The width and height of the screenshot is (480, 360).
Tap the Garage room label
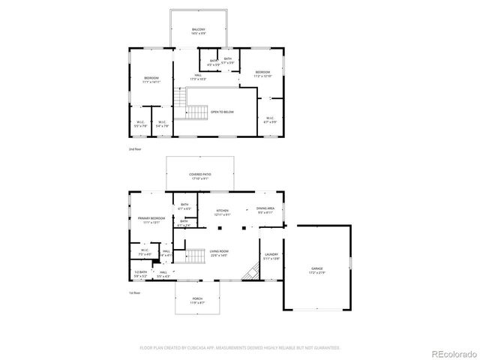[x=317, y=269]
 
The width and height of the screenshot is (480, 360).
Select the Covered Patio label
[x=198, y=176]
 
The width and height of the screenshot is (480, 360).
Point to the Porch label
[x=198, y=301]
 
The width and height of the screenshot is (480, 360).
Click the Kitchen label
[x=223, y=212]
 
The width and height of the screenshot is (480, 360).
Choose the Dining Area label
[x=265, y=210]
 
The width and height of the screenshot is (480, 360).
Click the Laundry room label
[x=271, y=256]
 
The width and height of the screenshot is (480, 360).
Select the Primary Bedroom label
[x=151, y=220]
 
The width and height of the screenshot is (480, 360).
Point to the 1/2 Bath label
[x=141, y=274]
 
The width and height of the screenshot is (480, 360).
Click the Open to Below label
[x=222, y=112]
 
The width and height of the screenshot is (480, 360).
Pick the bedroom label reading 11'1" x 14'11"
[x=151, y=81]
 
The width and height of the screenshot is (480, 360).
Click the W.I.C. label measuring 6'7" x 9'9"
[x=271, y=120]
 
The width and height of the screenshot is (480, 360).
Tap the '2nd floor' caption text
[x=136, y=150]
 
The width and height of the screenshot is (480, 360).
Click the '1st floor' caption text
[x=136, y=292]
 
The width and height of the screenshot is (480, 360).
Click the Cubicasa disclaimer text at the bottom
[x=240, y=348]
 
